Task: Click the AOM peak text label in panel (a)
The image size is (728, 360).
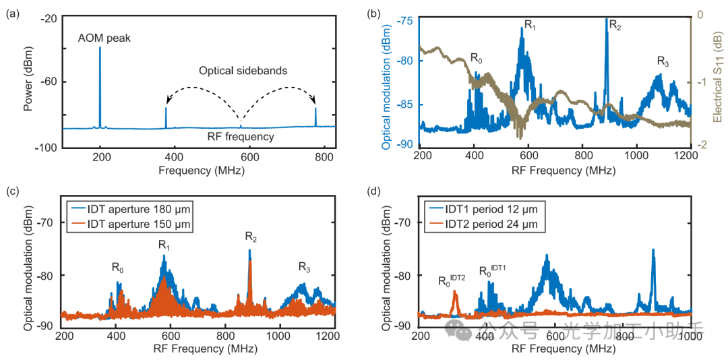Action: (x=104, y=38)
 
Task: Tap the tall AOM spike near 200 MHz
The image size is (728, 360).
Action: (x=100, y=81)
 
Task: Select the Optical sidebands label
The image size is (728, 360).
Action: (x=243, y=70)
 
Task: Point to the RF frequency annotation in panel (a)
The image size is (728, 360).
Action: (x=241, y=137)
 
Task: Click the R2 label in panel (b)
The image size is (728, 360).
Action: (x=615, y=25)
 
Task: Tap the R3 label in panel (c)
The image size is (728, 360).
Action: (x=305, y=268)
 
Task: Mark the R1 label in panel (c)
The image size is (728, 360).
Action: (x=164, y=245)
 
